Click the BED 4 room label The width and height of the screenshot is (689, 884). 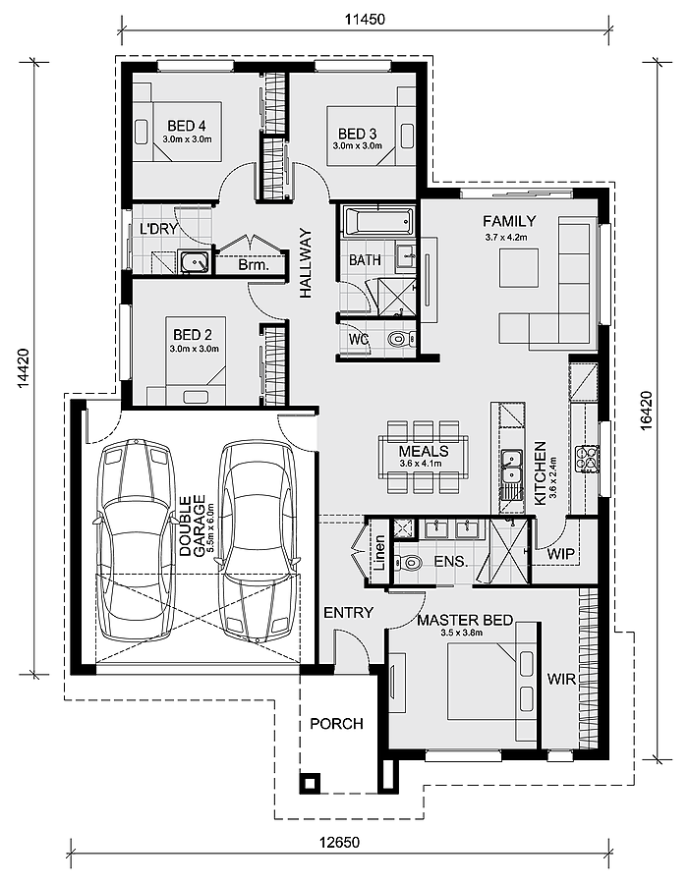coord(186,125)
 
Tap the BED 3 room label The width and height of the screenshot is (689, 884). coord(357,134)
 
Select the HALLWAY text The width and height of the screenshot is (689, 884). coord(306,262)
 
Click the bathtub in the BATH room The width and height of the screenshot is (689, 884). coord(378,222)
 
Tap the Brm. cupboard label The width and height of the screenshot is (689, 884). coord(254,264)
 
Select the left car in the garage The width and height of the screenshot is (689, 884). coord(135,540)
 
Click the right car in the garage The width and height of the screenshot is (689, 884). coord(258,542)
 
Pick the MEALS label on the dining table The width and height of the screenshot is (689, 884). coord(424,451)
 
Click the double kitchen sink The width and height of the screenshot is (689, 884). coord(512,467)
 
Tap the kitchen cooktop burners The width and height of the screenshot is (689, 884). coord(587,457)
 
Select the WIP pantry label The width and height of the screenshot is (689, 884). coord(560,554)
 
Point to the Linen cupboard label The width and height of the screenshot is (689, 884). coord(379,553)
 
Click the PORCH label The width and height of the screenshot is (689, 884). coord(336,723)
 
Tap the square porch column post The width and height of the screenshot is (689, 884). coord(310,783)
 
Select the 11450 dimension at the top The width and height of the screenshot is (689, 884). coord(365,20)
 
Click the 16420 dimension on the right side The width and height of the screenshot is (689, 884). coord(647,411)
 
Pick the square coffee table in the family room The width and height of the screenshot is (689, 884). coord(519,268)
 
